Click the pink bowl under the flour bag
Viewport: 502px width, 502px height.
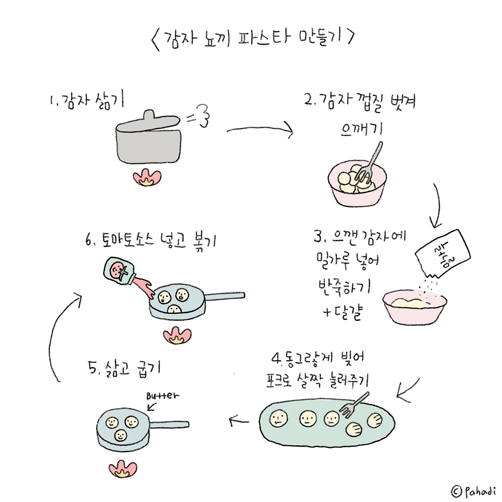point(415,307)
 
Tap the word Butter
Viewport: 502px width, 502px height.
point(162,396)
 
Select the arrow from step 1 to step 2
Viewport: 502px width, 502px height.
point(260,129)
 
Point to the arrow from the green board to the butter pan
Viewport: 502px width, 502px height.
point(239,420)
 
